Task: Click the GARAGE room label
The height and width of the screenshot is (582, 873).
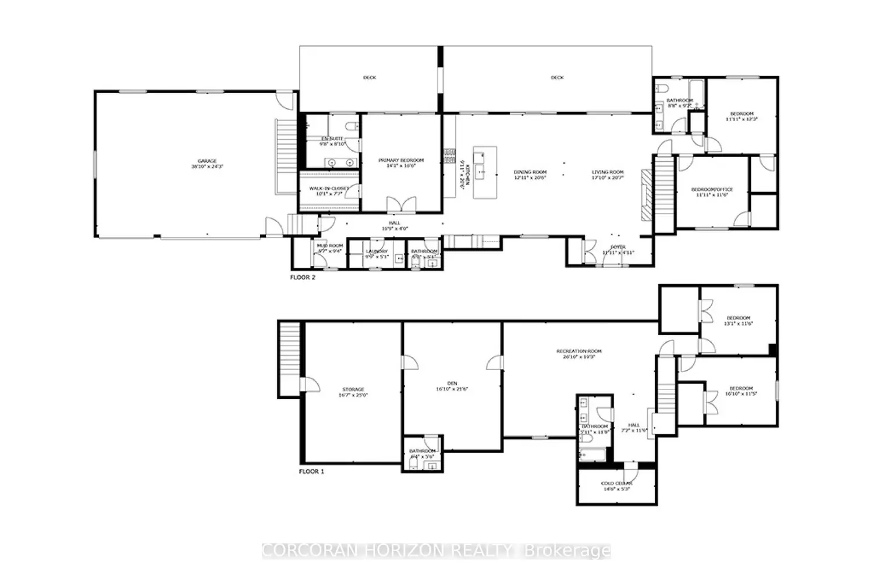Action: (x=207, y=161)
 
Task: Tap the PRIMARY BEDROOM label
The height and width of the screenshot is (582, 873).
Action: (x=401, y=161)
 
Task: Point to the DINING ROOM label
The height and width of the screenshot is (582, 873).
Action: (x=530, y=172)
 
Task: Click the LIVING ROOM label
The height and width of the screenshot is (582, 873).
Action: (x=608, y=172)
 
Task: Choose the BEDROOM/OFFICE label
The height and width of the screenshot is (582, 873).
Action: (x=712, y=190)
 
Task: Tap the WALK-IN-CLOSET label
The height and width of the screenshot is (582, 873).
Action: (x=328, y=189)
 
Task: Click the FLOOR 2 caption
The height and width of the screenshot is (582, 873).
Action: (x=303, y=278)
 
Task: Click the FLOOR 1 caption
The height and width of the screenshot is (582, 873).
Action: (x=311, y=471)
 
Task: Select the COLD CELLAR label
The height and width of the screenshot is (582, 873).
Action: (x=616, y=484)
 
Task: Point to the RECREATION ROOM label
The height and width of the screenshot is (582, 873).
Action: (x=579, y=352)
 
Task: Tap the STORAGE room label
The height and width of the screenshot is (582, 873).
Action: (x=353, y=389)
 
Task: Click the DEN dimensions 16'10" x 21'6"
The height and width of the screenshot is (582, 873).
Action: (x=452, y=389)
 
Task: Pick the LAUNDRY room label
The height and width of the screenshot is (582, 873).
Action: (x=377, y=251)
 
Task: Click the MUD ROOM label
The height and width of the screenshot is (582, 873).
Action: (x=329, y=246)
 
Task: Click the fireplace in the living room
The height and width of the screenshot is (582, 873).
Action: (x=645, y=195)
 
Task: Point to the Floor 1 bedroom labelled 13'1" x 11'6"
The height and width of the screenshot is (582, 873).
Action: (x=738, y=320)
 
